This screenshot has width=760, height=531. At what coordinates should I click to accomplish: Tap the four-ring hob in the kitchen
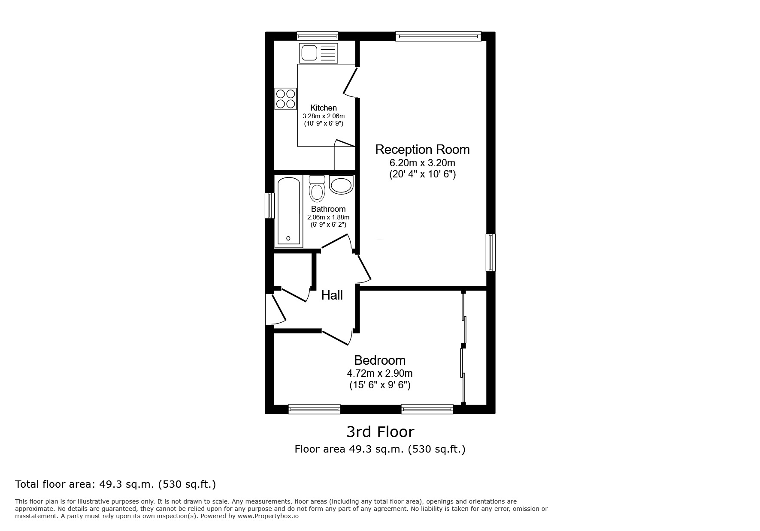[286, 99]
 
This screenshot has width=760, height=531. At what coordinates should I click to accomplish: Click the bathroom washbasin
[341, 185]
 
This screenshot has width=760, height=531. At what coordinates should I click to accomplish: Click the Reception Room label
[422, 150]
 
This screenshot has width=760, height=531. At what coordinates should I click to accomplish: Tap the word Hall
[332, 295]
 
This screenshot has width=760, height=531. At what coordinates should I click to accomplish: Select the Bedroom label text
[379, 360]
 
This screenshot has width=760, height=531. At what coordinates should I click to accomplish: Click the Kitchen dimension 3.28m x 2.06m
[324, 116]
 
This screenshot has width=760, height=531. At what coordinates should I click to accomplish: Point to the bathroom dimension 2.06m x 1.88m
[328, 217]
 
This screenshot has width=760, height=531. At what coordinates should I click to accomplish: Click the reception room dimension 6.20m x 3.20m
[422, 163]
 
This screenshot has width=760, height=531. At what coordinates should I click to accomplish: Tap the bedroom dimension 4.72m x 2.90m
[379, 373]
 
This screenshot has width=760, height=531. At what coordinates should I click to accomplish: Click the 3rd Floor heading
[380, 432]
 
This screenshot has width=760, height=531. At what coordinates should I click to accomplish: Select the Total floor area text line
[115, 484]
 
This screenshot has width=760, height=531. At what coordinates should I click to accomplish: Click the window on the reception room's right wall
[491, 252]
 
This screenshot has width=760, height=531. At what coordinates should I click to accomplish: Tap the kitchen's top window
[317, 36]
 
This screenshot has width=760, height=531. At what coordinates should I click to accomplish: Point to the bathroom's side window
[269, 206]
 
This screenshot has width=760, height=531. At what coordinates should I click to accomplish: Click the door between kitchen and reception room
[350, 81]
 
